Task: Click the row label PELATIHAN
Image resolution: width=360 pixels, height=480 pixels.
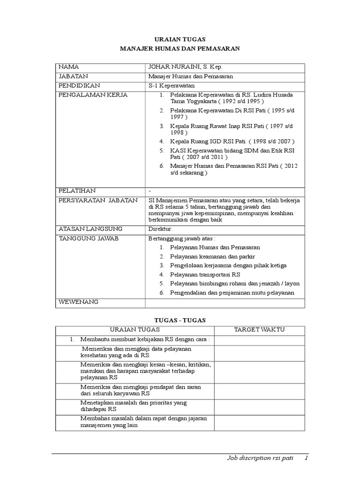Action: pyautogui.click(x=76, y=191)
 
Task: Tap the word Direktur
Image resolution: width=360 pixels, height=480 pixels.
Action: pyautogui.click(x=159, y=229)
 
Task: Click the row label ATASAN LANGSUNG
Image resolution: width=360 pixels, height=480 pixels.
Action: pyautogui.click(x=90, y=229)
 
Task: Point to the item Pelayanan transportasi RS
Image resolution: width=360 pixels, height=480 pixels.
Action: pyautogui.click(x=205, y=274)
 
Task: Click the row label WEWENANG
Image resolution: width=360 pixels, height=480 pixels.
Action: pyautogui.click(x=78, y=302)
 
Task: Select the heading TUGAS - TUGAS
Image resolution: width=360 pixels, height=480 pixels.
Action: pyautogui.click(x=180, y=320)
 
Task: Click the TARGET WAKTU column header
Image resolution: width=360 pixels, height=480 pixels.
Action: pyautogui.click(x=259, y=330)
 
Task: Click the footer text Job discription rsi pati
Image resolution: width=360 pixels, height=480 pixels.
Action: pyautogui.click(x=261, y=458)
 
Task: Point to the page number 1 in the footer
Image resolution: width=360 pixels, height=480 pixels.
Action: pyautogui.click(x=306, y=458)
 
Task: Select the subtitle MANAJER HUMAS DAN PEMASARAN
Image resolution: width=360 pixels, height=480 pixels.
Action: pyautogui.click(x=180, y=48)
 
